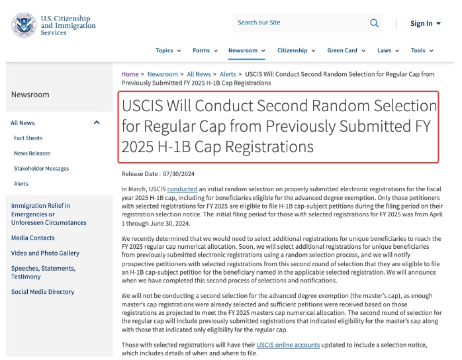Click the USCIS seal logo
[24, 24]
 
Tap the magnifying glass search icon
[375, 23]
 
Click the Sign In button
[425, 24]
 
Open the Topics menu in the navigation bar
[167, 50]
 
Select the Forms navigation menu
[205, 50]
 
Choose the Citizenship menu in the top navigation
[296, 50]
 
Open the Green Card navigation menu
[346, 50]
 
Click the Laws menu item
[387, 50]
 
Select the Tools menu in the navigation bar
[422, 50]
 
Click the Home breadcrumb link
[130, 74]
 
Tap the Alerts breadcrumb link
[228, 74]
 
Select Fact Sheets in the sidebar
[28, 138]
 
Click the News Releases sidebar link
[32, 153]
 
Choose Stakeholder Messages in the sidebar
[41, 168]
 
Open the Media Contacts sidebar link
[33, 238]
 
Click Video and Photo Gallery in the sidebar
[45, 253]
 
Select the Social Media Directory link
[42, 292]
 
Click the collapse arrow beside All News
[97, 122]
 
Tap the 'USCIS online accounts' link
[288, 345]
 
